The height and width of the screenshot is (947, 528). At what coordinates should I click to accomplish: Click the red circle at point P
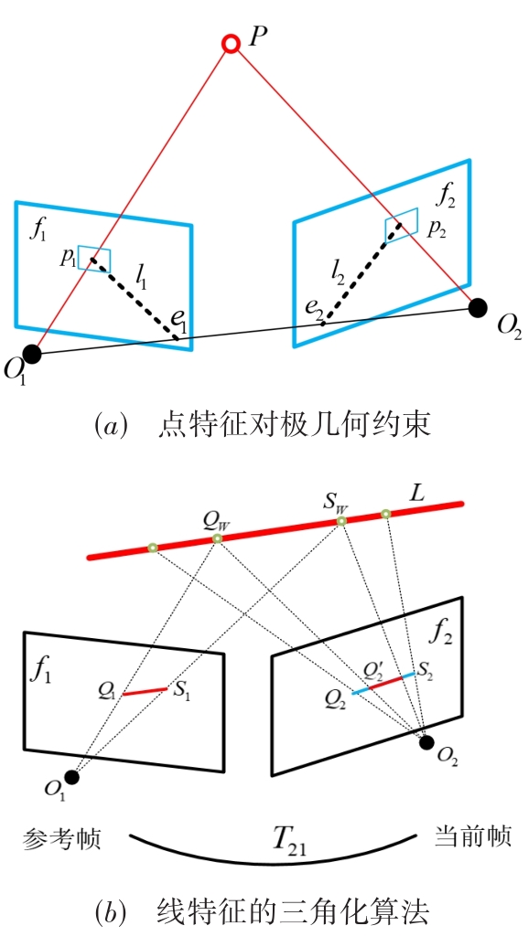point(231,44)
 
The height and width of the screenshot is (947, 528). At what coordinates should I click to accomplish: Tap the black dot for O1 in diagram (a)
point(31,354)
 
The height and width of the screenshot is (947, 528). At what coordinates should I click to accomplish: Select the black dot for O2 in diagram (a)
point(479,307)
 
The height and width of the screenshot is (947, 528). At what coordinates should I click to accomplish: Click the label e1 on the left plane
point(178,320)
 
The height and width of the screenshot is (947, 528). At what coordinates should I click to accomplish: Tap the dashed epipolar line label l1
point(142,277)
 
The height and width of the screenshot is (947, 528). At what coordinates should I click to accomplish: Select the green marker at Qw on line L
point(217,538)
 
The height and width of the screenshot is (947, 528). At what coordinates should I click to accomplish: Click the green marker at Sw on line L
point(341,521)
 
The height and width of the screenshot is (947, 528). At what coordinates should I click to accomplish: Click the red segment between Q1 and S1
point(145,692)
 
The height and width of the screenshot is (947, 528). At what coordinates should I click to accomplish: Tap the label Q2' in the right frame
point(371,670)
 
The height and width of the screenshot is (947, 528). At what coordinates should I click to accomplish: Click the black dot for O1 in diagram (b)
point(72,777)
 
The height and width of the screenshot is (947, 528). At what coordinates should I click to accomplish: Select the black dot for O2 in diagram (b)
point(427,742)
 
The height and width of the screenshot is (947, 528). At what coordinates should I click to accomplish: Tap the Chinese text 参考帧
point(61,839)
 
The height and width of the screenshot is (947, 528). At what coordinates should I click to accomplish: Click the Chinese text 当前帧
point(473,837)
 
